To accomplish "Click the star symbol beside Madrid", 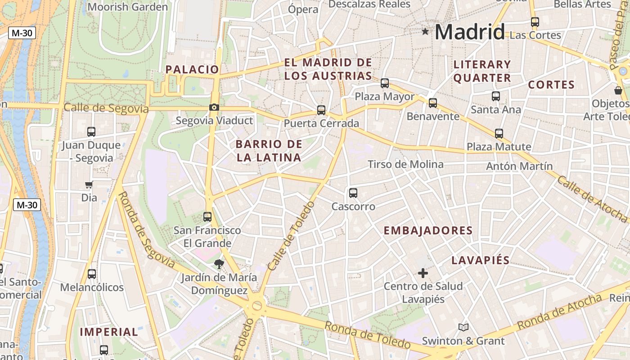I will [425, 31].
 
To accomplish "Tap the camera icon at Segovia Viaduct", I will [214, 107].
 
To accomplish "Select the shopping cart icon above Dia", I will [89, 184].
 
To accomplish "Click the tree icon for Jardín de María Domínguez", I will [219, 264].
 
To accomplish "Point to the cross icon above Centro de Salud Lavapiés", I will [423, 273].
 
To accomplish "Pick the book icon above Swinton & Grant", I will [463, 327].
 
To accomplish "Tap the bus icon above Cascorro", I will [353, 193].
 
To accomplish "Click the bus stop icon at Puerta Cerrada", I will [321, 110].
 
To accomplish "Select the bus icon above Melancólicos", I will [92, 274].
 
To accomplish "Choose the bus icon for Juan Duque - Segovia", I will [91, 132].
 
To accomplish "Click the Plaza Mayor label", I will [385, 96].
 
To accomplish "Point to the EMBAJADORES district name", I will [428, 231].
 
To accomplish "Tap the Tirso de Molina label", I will [405, 164].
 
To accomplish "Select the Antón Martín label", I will [519, 166].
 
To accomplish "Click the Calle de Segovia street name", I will [106, 108].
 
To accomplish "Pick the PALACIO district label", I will [192, 69].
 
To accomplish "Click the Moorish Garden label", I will [127, 7].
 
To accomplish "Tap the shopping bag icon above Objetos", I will [618, 90].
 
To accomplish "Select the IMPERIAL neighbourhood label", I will [109, 332].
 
